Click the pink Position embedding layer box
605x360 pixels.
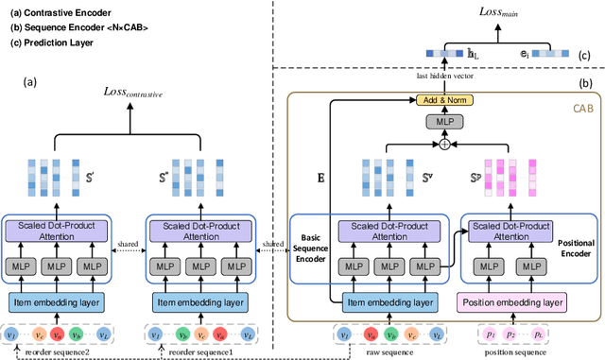511,302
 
